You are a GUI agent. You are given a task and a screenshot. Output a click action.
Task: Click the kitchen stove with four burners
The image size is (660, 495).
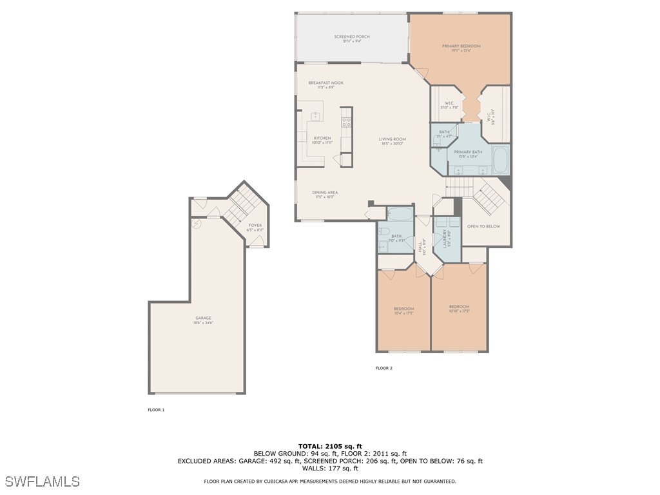click(346, 121)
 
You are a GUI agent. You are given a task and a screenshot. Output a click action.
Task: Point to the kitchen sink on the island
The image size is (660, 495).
click(316, 116)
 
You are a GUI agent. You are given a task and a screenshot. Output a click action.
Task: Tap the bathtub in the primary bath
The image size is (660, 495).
click(500, 160)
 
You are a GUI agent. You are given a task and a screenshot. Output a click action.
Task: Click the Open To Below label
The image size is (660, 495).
click(483, 226)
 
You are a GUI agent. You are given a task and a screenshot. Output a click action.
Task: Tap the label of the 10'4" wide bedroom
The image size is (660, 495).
click(403, 310)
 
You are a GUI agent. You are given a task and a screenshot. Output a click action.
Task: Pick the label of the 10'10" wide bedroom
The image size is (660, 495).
click(459, 308)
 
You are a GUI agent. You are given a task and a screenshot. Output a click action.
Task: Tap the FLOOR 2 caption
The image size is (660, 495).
click(383, 369)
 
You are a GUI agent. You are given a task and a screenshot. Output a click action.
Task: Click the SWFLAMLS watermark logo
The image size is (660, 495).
click(43, 481)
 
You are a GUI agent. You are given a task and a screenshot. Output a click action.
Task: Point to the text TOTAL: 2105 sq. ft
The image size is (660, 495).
click(330, 446)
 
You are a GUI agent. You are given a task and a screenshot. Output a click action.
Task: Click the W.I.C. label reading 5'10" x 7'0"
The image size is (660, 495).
click(449, 106)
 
